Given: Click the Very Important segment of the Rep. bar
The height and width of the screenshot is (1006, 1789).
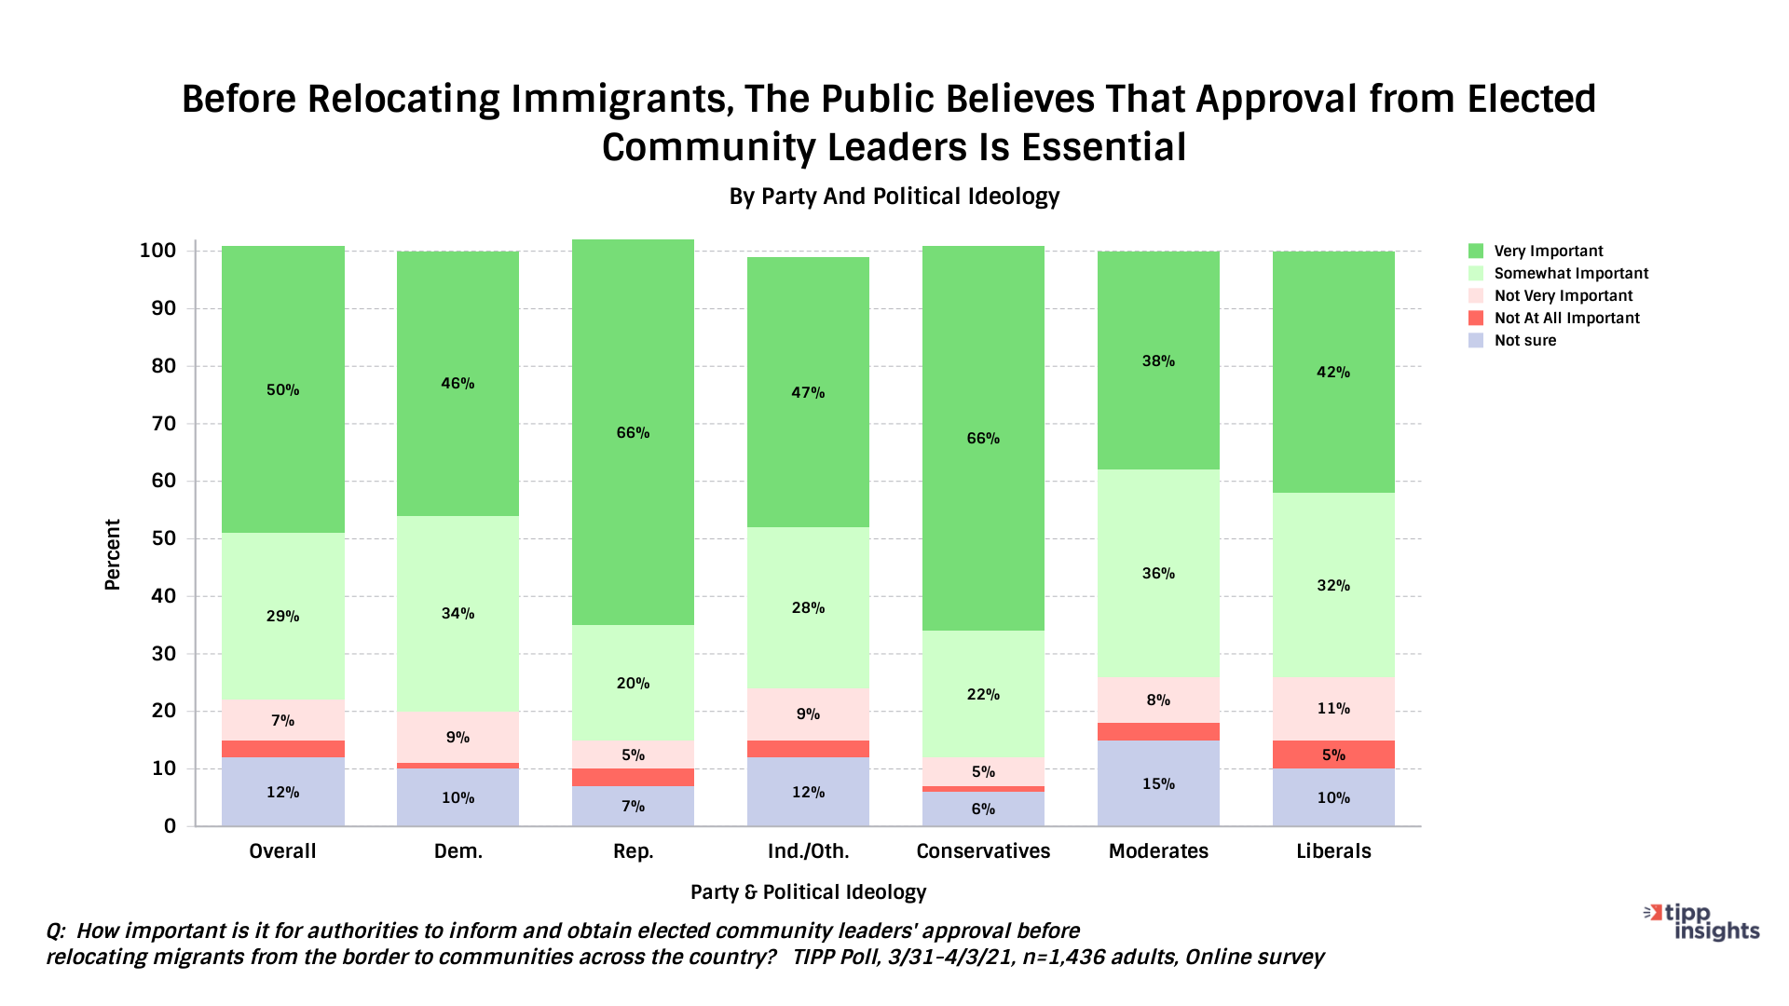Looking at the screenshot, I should pos(633,432).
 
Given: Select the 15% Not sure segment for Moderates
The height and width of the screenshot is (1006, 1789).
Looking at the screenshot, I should pos(1158,783).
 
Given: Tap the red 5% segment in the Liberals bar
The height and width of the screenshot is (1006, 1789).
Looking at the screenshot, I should pos(1333,754).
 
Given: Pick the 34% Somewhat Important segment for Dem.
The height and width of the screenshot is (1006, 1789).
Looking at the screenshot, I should pos(457,613).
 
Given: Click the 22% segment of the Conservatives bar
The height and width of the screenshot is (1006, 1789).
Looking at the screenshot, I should pos(983,694).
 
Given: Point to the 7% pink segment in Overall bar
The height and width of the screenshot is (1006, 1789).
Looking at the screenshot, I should pos(282,720).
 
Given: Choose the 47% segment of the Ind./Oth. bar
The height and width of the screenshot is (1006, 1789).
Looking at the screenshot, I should pos(808,392).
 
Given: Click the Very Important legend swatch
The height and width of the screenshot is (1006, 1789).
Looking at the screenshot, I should pos(1476,251).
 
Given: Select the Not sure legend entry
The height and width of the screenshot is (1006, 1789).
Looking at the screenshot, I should pos(1524,340).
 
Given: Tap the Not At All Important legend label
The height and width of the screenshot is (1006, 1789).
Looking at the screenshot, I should pos(1566,318).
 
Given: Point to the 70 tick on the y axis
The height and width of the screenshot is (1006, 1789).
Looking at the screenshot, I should pos(157,424).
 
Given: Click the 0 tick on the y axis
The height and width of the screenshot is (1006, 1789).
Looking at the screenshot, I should pos(170,826).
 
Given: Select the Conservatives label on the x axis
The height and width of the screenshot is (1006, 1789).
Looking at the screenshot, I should pos(983,850).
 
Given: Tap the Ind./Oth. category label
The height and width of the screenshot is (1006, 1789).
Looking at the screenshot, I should pos(808,850).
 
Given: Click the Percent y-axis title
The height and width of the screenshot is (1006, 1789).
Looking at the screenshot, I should pos(113,554).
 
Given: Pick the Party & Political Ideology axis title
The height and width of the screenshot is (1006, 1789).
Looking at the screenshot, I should pos(808,891).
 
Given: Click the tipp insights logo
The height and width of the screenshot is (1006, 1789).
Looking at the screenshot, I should pos(1701,922).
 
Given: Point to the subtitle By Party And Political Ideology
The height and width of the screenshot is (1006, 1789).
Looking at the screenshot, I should pos(894,197).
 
